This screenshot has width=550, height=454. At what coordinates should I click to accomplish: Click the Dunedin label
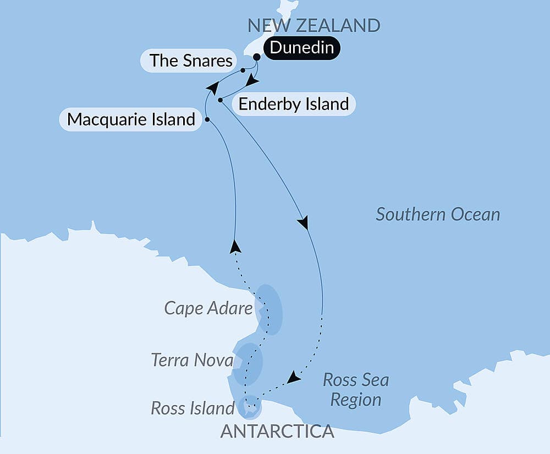301,48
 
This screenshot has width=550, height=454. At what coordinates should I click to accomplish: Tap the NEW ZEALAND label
313,25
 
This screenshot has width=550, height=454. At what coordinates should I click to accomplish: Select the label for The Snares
191,60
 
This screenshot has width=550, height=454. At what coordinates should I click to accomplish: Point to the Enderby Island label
293,104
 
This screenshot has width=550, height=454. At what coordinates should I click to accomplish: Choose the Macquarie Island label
131,119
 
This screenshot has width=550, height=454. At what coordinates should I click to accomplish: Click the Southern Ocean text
438,214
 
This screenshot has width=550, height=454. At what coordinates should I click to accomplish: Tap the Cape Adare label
208,308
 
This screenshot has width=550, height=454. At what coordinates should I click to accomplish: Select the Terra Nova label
191,360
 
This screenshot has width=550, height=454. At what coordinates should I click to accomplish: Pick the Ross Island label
193,408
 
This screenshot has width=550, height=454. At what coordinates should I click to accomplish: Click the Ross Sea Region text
355,390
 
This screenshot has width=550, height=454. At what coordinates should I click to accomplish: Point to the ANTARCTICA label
277,431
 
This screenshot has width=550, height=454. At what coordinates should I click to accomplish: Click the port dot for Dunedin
256,57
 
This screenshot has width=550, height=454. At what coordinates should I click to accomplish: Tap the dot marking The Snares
243,70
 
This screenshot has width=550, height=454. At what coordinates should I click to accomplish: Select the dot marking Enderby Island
220,100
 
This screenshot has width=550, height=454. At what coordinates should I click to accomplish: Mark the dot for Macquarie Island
207,119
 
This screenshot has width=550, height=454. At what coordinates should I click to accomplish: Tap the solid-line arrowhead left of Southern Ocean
302,223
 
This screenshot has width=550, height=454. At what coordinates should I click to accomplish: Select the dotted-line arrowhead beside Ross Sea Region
294,378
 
